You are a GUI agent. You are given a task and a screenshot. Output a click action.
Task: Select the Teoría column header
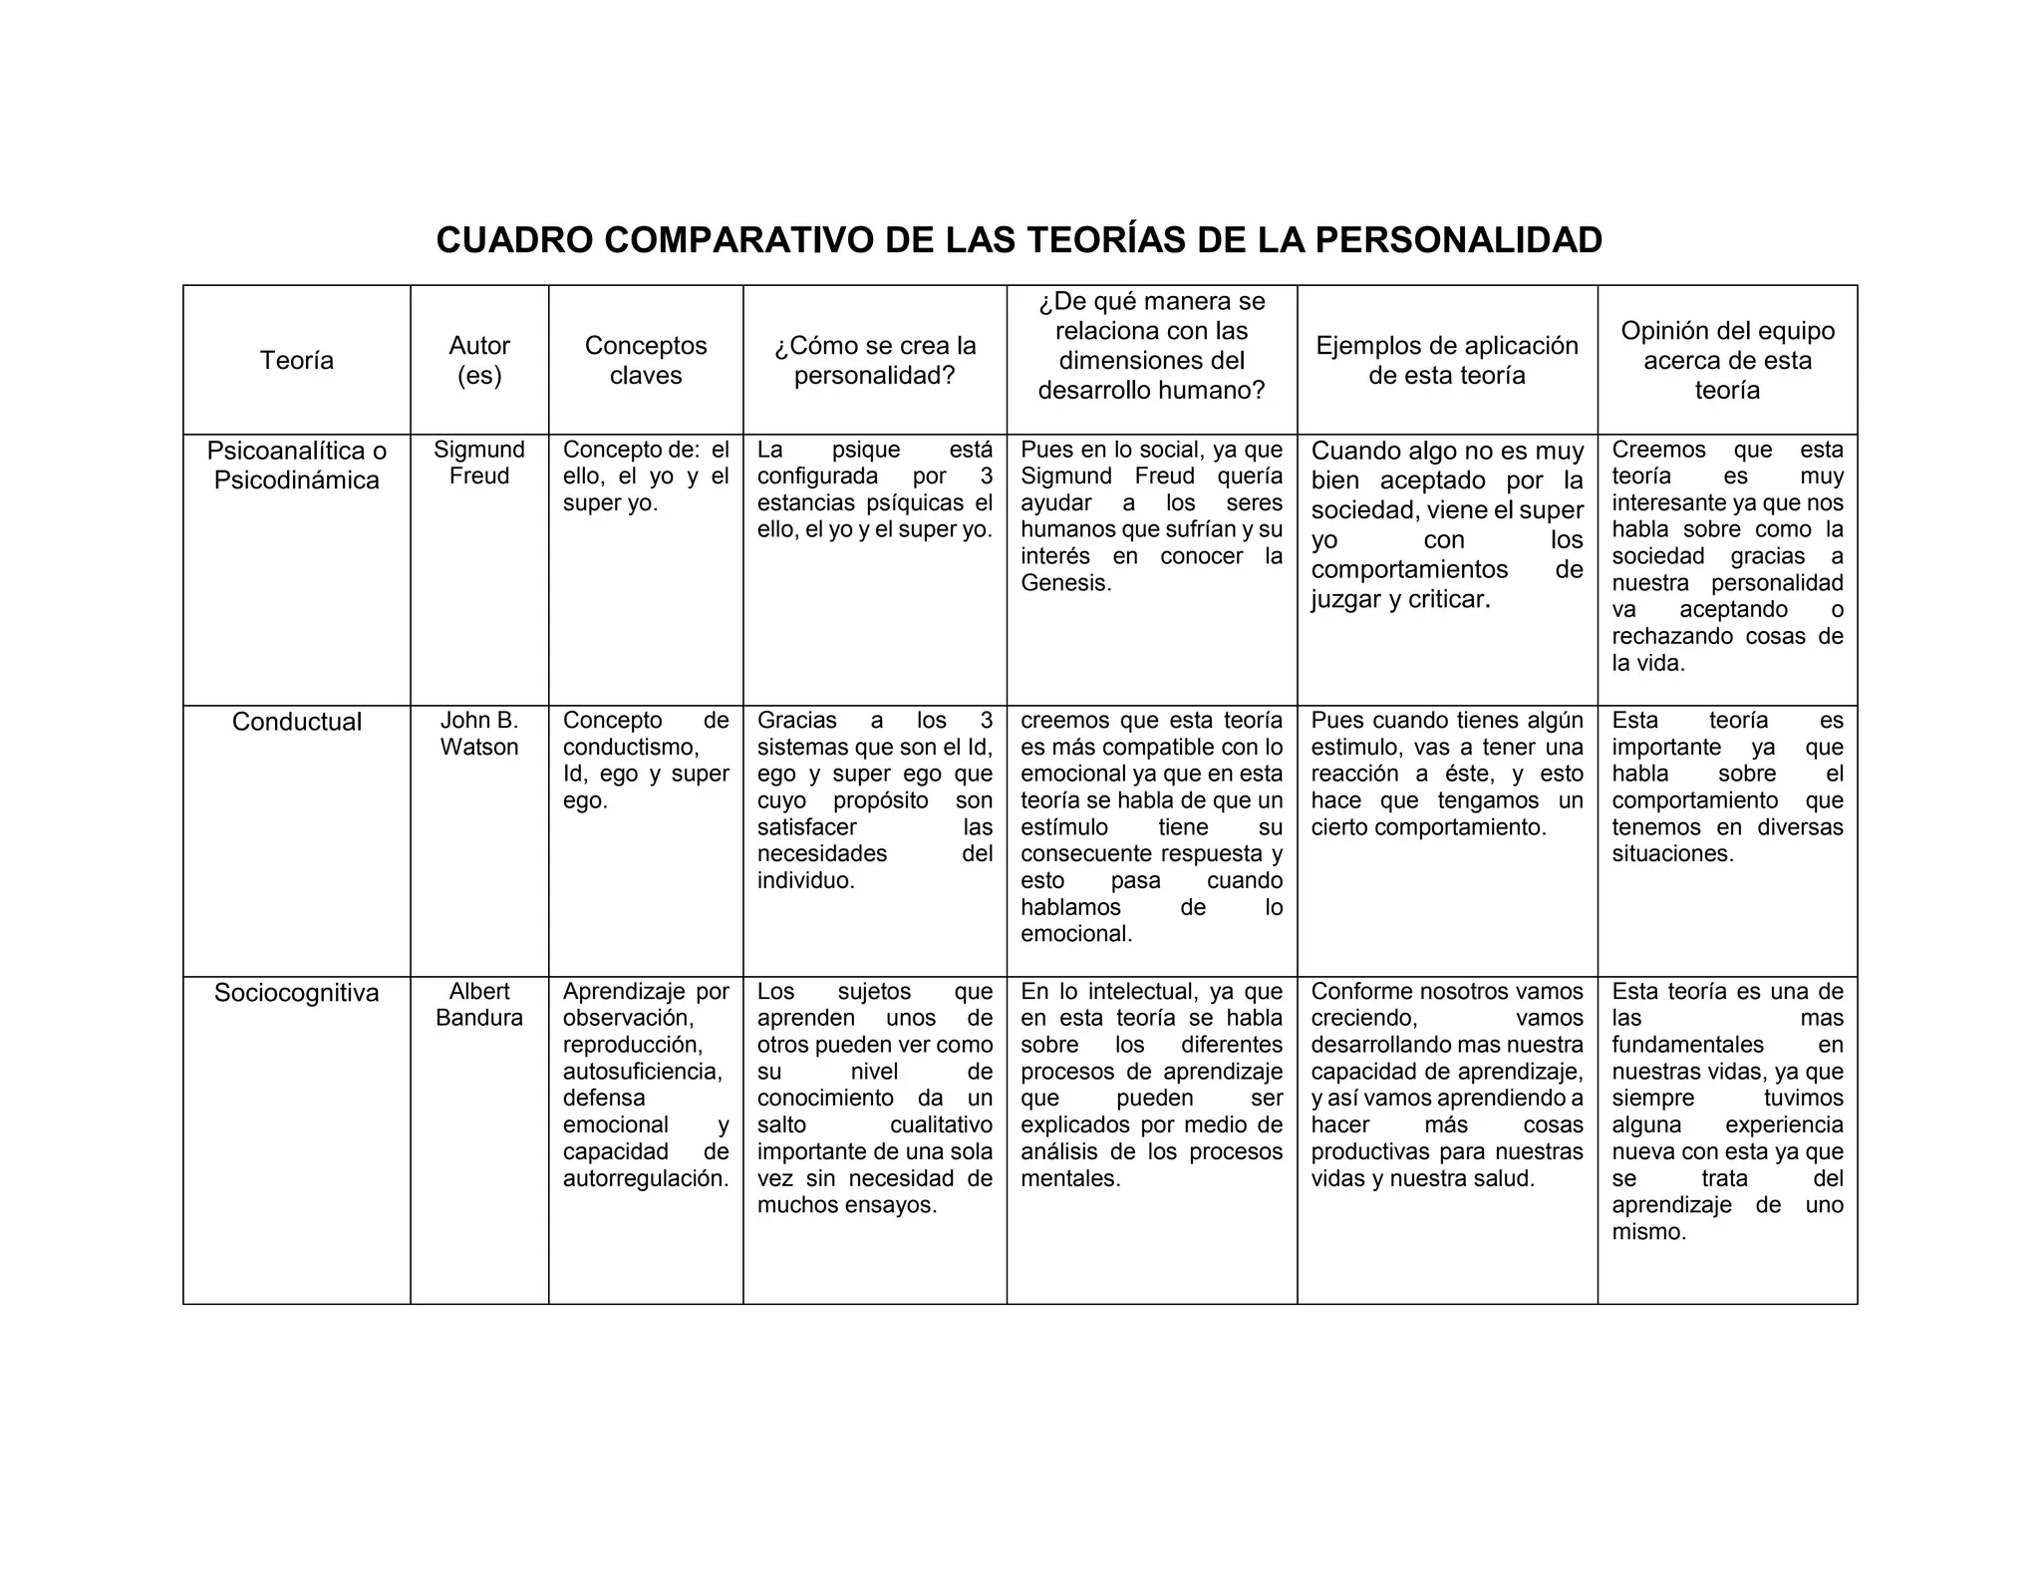(x=297, y=360)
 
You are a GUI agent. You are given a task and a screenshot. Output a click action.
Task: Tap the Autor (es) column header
(x=479, y=360)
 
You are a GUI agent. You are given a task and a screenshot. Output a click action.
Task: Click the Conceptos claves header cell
(x=646, y=360)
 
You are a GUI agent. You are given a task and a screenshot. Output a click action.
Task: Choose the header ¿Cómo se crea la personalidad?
(x=875, y=360)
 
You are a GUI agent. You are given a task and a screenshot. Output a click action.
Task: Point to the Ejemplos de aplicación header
(x=1447, y=360)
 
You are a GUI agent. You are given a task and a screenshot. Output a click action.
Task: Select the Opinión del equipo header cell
(x=1727, y=360)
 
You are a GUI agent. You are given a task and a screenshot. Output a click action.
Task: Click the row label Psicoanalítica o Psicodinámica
(x=297, y=465)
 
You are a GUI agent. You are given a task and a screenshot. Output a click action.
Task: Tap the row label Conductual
(x=297, y=722)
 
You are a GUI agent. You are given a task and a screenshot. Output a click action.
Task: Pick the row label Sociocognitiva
(x=297, y=993)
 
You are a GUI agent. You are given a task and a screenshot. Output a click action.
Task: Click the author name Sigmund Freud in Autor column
(x=479, y=463)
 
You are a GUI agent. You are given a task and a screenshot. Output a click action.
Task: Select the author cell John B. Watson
(x=479, y=734)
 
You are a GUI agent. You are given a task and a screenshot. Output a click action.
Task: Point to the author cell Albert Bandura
(x=479, y=1005)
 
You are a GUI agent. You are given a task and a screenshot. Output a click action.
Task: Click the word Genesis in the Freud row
(x=1064, y=583)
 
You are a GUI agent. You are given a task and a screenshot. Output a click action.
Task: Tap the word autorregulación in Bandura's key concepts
(x=644, y=1178)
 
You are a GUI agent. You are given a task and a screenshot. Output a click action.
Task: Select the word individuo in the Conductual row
(x=804, y=881)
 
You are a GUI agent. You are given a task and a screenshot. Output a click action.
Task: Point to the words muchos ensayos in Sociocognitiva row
(x=846, y=1205)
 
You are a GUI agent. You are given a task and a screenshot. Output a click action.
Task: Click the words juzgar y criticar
(x=1399, y=599)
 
